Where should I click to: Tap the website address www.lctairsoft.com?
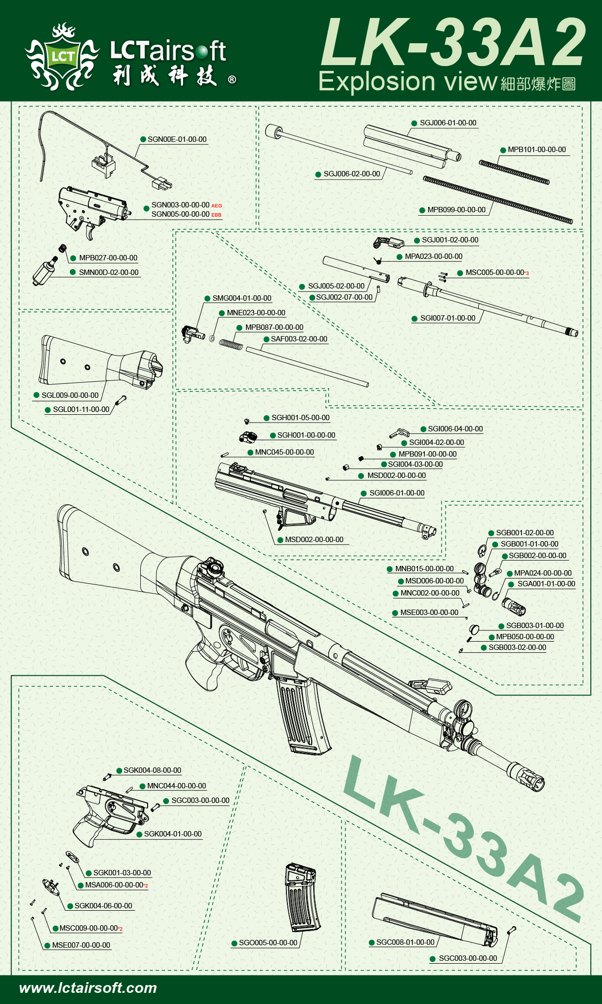[88, 987]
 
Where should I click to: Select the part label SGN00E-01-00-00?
[177, 139]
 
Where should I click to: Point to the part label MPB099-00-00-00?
[456, 210]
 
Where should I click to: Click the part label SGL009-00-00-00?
[70, 395]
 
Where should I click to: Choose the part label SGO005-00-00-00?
[268, 943]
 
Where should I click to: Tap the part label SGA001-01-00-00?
[546, 584]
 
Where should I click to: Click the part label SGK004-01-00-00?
[172, 834]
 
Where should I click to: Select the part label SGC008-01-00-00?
[405, 942]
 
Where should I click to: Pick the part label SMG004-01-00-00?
[242, 298]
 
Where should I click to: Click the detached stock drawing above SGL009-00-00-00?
[100, 362]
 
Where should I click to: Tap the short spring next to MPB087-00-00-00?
[231, 343]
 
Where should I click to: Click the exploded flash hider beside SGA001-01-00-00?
[514, 607]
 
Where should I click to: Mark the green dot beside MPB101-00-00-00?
[503, 150]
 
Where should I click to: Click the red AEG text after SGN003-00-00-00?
[217, 206]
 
